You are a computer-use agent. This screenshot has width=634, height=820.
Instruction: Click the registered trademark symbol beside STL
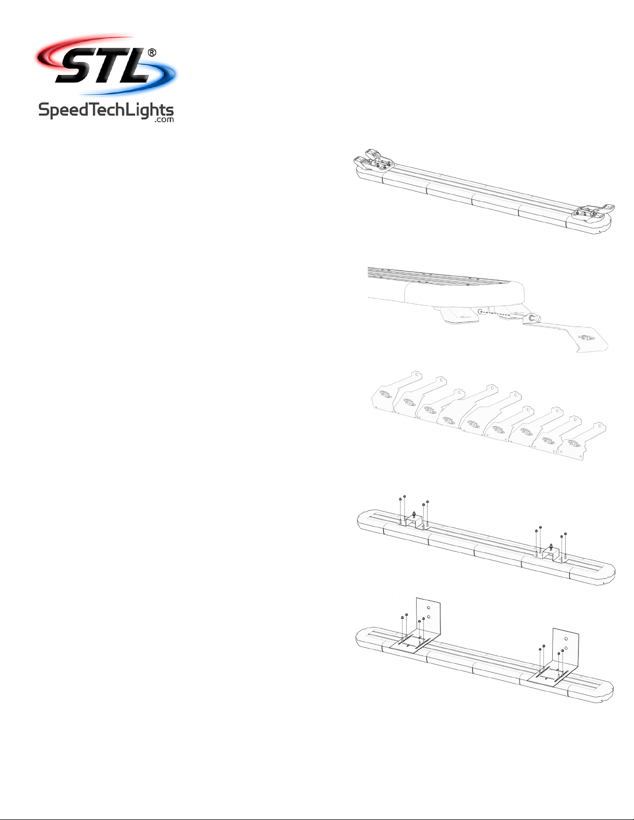pos(151,53)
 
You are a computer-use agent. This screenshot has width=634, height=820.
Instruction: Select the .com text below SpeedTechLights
pos(164,120)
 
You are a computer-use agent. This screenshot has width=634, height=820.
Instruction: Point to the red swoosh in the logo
pos(76,49)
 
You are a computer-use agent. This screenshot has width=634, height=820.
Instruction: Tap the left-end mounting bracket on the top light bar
pos(374,160)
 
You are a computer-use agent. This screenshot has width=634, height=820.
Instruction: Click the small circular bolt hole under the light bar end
pos(480,311)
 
